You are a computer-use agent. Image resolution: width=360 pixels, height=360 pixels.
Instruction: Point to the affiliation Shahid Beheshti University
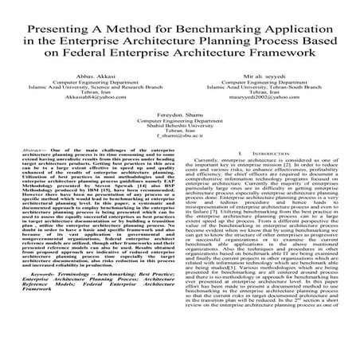click(x=180, y=125)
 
